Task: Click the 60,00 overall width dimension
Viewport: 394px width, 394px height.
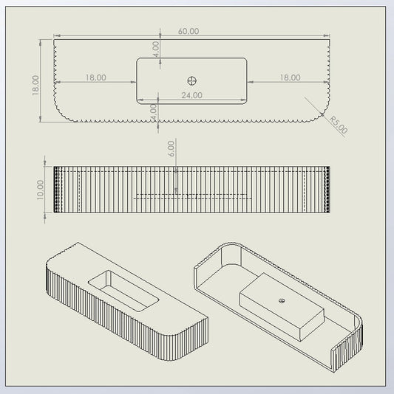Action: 188,32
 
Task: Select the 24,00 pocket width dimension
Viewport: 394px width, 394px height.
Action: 192,95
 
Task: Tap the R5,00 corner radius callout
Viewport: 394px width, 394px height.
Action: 339,125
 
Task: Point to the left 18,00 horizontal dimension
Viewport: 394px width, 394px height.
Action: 95,77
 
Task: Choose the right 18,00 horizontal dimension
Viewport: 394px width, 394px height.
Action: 290,77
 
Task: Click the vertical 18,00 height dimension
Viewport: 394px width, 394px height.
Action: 35,86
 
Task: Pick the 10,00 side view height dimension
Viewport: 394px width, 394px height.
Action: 40,190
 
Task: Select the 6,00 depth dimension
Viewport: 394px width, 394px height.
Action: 171,149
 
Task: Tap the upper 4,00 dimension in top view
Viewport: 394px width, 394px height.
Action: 156,49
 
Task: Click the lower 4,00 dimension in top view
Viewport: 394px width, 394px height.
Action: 153,112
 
